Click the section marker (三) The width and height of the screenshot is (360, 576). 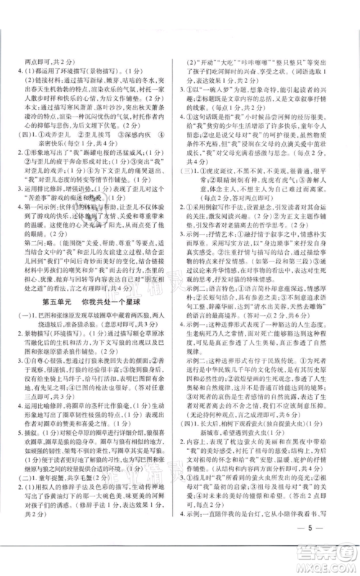pos(189,185)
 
